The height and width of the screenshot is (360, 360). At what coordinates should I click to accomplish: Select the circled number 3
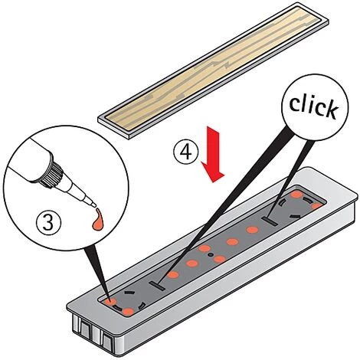(48, 221)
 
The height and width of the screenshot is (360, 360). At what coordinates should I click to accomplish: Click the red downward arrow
(213, 154)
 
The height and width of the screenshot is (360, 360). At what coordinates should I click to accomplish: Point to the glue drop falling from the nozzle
(98, 219)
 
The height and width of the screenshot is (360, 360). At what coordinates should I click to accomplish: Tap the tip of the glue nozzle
(94, 205)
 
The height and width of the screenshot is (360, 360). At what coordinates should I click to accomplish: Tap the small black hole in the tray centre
(211, 255)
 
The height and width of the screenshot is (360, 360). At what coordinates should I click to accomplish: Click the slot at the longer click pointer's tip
(157, 286)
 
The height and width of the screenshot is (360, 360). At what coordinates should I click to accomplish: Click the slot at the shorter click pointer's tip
(270, 221)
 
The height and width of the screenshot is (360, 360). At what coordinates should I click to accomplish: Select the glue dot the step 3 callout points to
(110, 303)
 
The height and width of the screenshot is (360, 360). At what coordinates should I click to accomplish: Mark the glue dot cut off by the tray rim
(318, 206)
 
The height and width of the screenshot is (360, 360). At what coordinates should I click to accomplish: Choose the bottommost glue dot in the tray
(128, 312)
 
